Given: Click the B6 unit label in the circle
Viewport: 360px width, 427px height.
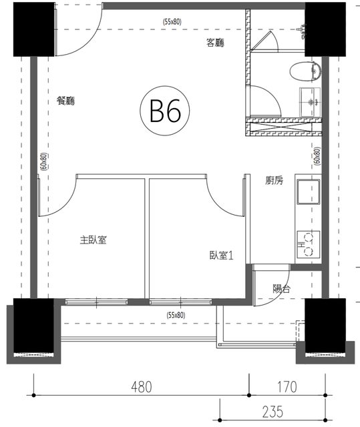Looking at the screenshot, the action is click(x=165, y=111).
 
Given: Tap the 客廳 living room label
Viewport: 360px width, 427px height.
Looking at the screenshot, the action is click(x=215, y=43).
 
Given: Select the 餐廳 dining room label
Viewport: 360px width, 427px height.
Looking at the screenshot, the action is click(x=65, y=101).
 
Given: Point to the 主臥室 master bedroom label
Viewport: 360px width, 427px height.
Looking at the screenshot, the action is click(x=94, y=240).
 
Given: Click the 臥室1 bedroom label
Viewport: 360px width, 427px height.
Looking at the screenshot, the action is click(x=221, y=256).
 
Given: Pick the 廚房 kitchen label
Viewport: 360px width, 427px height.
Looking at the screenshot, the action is click(x=274, y=180).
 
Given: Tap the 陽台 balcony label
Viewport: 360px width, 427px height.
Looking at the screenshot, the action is click(x=281, y=289).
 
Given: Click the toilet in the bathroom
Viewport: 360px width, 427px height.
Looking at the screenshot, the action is click(x=305, y=71).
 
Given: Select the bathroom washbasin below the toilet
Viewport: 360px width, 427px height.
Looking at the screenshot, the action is click(x=310, y=102).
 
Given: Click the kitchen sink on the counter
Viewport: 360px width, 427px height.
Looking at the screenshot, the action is click(x=308, y=191).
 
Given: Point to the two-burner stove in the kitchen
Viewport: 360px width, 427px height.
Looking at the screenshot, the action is click(x=308, y=245).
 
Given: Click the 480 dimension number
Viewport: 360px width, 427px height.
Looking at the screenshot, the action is click(x=141, y=387).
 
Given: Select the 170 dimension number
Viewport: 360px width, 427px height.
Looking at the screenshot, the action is click(x=287, y=387).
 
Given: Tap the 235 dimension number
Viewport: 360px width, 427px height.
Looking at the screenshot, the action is click(x=273, y=412).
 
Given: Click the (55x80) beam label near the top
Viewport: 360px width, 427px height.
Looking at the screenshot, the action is click(x=172, y=22).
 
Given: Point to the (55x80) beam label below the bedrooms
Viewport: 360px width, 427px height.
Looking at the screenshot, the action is click(x=176, y=316).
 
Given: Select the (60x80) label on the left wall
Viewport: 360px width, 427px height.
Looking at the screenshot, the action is click(x=44, y=161).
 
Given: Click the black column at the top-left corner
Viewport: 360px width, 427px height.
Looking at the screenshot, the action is click(x=34, y=29).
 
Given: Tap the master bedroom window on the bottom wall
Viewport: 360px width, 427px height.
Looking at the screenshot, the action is click(x=96, y=302).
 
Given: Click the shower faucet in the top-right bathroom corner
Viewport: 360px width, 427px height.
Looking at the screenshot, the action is click(x=302, y=31).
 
